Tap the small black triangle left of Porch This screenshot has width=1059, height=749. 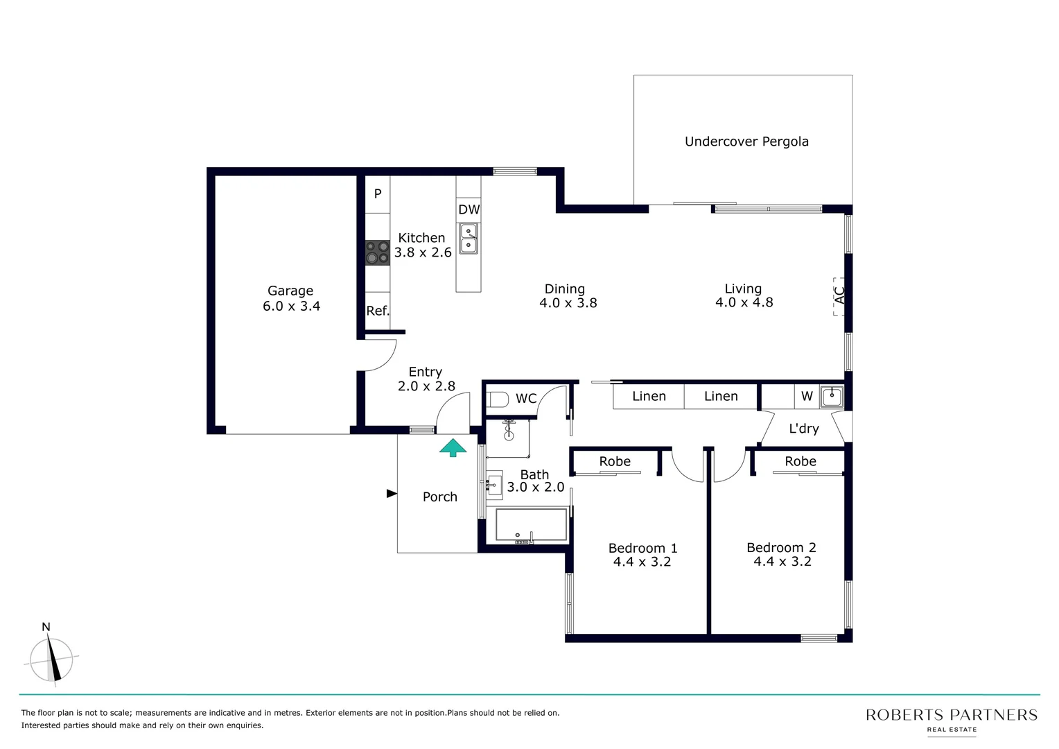pyautogui.click(x=392, y=494)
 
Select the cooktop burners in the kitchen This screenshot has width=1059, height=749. pyautogui.click(x=378, y=252)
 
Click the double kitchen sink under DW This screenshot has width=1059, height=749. pyautogui.click(x=469, y=238)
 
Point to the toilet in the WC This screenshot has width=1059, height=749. pyautogui.click(x=497, y=399)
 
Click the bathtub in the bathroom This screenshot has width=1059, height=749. pyautogui.click(x=531, y=525)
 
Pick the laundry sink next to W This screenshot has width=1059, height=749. pyautogui.click(x=831, y=397)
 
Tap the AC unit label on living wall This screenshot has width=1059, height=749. pyautogui.click(x=839, y=295)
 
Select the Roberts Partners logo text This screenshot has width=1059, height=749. pyautogui.click(x=951, y=715)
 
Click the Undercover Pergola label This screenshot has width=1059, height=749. pyautogui.click(x=746, y=141)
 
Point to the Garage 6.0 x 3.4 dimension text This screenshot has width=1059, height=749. pyautogui.click(x=291, y=307)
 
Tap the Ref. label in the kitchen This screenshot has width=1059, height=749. pyautogui.click(x=378, y=311)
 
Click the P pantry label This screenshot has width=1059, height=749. pyautogui.click(x=378, y=194)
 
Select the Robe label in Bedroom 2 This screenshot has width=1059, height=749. pyautogui.click(x=800, y=461)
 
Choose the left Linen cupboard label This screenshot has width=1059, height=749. pyautogui.click(x=649, y=396)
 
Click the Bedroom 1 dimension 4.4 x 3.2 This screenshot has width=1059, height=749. pyautogui.click(x=642, y=562)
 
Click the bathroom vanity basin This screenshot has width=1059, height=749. pyautogui.click(x=494, y=485)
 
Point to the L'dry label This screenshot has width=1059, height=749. pyautogui.click(x=804, y=429)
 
